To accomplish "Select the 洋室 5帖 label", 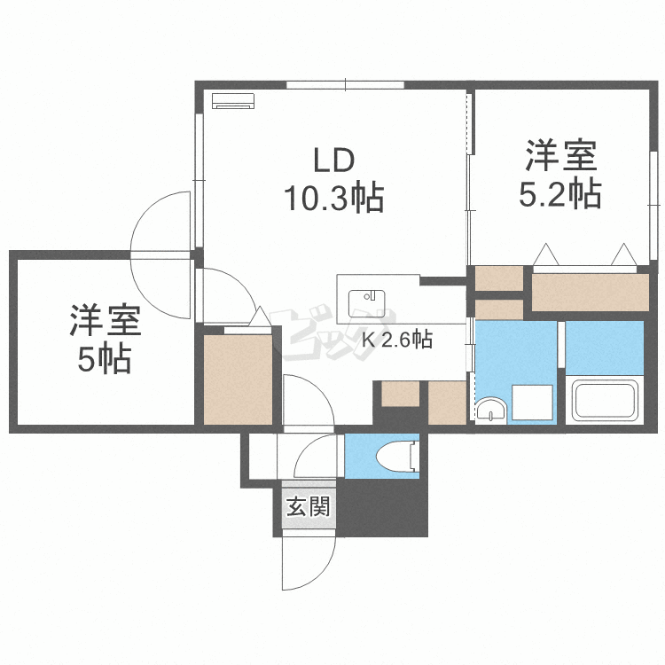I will [102, 340].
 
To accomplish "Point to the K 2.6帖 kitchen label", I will [396, 339].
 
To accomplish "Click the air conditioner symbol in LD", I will [233, 101].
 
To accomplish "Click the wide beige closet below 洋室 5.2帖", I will [590, 293].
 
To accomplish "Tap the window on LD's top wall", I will [345, 85].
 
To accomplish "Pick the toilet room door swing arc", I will [315, 452].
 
